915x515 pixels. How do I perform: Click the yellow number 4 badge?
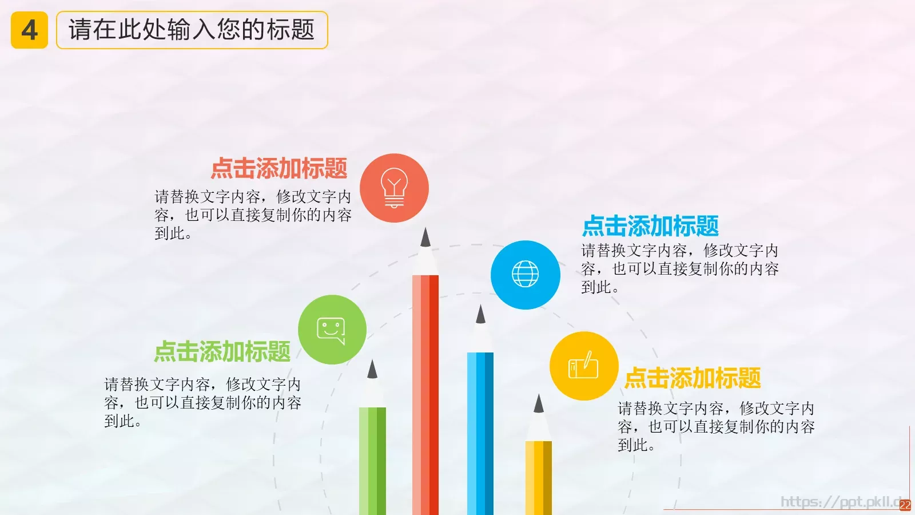click(29, 30)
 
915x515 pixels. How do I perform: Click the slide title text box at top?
click(192, 30)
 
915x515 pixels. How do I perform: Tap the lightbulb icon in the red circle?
click(394, 188)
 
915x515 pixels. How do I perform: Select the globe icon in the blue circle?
click(525, 274)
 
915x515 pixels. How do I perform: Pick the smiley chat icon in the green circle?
click(332, 330)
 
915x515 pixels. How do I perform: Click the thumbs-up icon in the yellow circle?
click(583, 366)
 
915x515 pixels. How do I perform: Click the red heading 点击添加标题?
click(279, 168)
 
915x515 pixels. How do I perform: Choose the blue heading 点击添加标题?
click(650, 226)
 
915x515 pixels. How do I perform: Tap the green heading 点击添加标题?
click(222, 351)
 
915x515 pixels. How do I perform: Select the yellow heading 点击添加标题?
click(693, 378)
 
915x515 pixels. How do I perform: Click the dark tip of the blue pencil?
click(480, 315)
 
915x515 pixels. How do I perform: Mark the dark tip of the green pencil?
click(372, 370)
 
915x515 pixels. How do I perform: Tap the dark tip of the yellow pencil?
click(538, 405)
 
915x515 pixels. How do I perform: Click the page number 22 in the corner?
click(905, 505)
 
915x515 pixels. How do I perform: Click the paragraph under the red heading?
click(253, 215)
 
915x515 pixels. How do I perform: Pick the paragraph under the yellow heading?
click(716, 426)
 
